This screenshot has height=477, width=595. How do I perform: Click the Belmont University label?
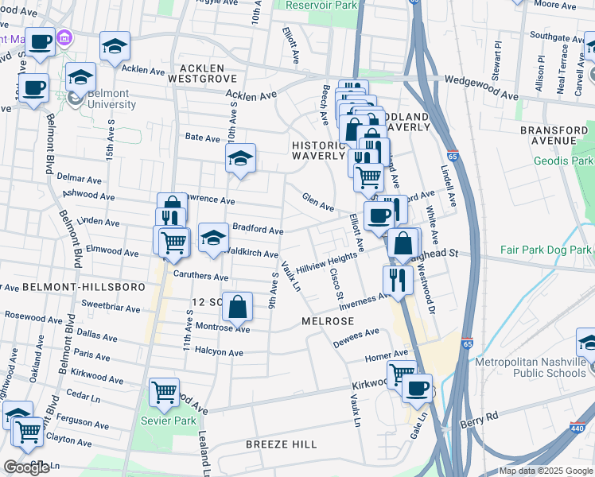112,99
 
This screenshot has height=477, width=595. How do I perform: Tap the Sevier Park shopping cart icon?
163,390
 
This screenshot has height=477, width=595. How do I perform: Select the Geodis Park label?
566,161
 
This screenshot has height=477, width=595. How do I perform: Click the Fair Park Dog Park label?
546,250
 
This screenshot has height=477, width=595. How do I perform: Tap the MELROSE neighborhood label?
328,320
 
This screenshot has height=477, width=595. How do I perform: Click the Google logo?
26,467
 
